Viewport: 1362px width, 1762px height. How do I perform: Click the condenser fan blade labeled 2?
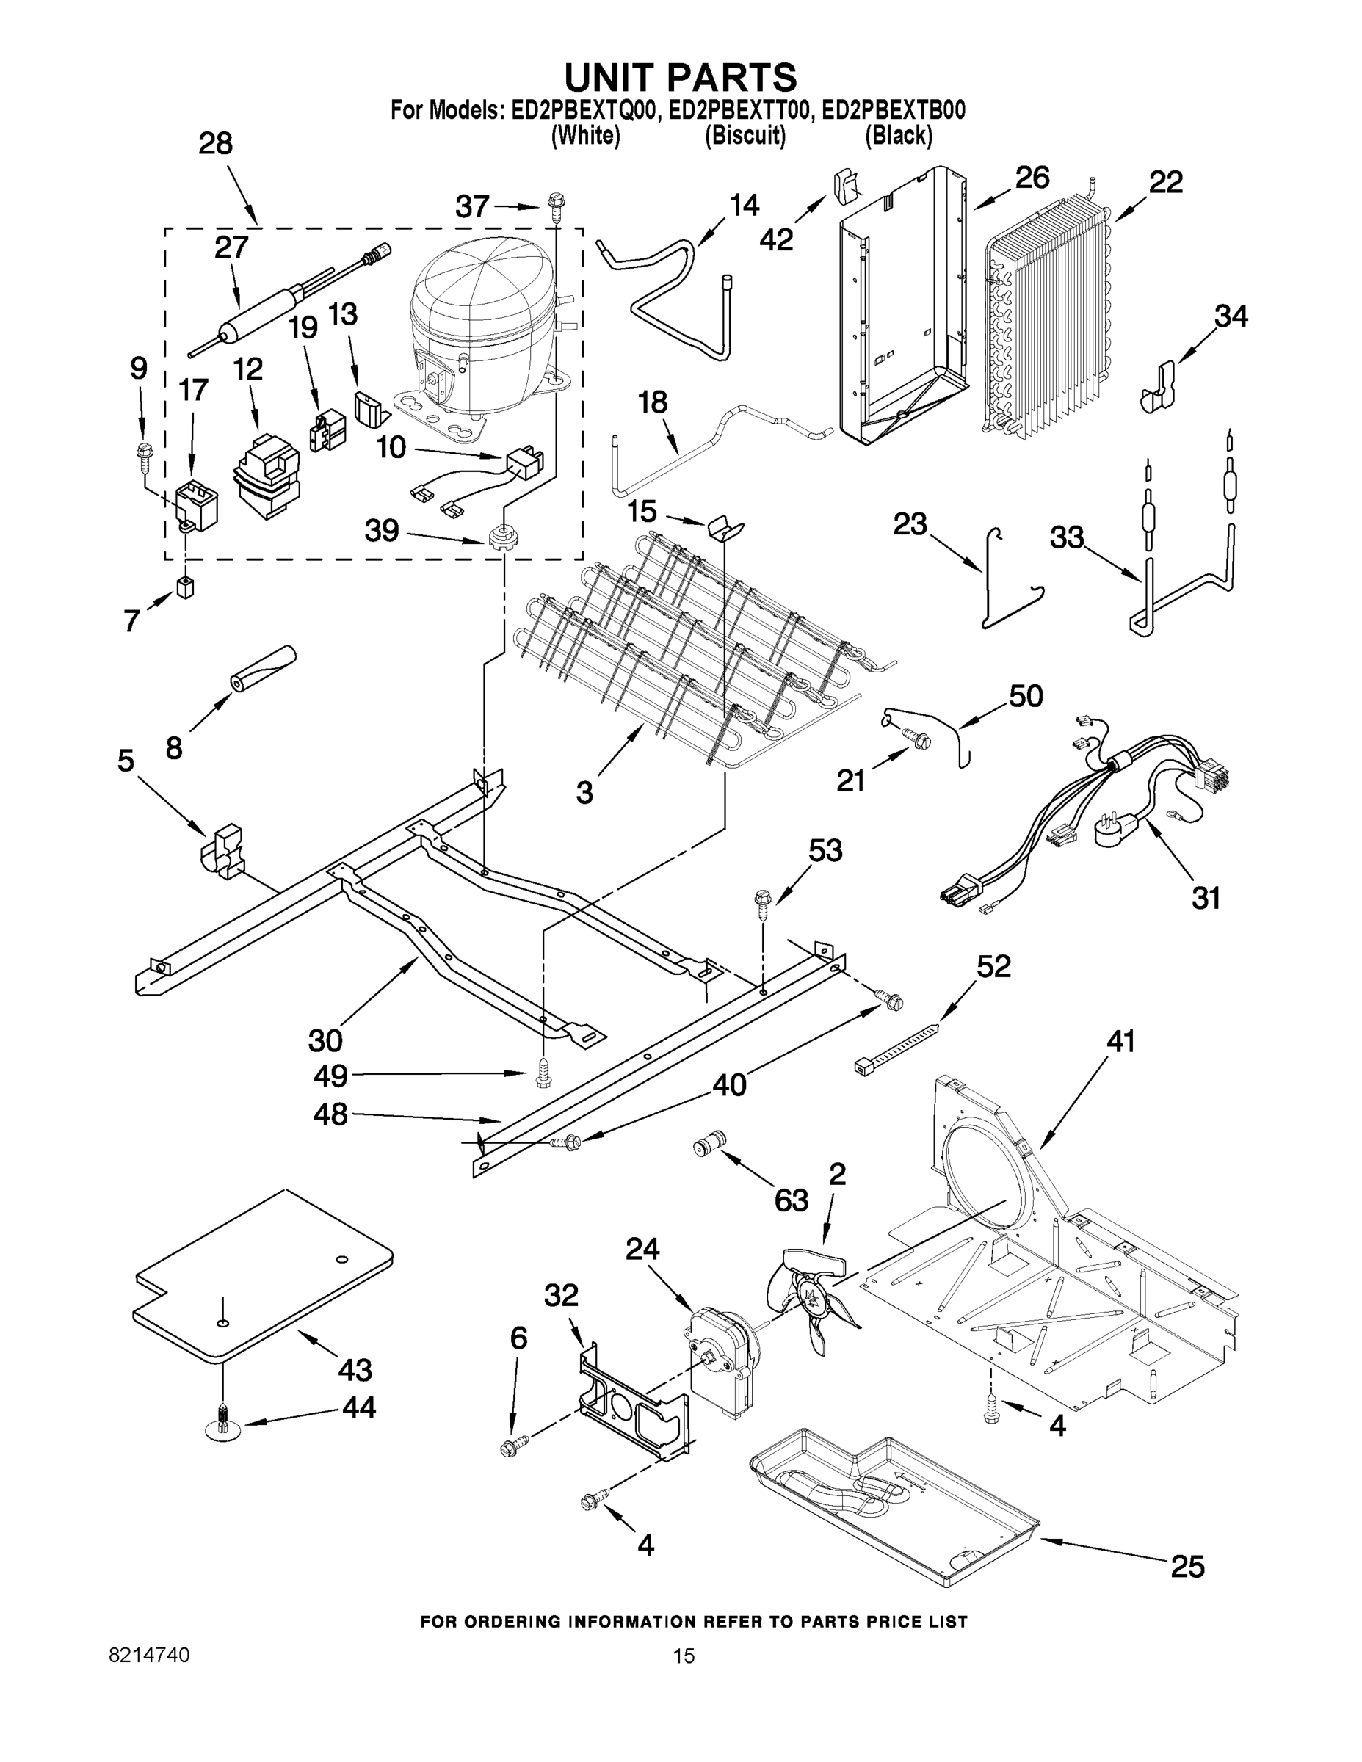[811, 1300]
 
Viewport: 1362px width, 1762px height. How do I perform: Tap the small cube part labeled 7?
[186, 588]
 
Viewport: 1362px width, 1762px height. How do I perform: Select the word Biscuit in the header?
[745, 136]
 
